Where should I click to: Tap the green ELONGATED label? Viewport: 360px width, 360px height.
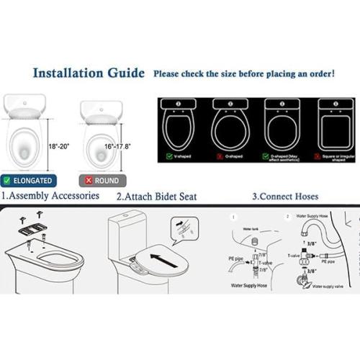[x=27, y=180]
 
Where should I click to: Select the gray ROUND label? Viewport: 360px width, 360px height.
[x=102, y=180]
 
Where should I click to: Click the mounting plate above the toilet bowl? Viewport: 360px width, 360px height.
[x=32, y=230]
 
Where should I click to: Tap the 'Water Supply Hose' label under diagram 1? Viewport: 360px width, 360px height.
[x=248, y=286]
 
